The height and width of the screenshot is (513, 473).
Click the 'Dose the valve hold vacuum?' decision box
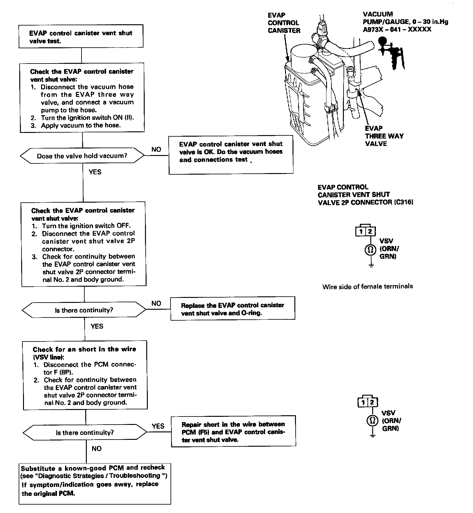[x=82, y=156]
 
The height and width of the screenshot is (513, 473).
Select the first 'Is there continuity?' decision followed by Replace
[x=84, y=310]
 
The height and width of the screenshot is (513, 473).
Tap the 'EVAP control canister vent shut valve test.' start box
[x=81, y=37]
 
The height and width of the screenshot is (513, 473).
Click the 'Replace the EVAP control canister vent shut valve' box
[x=232, y=309]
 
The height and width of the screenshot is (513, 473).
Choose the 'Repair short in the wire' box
[x=233, y=431]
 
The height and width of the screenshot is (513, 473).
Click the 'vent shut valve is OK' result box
[x=231, y=154]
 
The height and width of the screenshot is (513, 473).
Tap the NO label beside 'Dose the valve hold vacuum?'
[x=156, y=149]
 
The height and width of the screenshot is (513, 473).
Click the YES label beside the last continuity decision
[x=158, y=426]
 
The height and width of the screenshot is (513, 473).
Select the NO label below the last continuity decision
[x=97, y=449]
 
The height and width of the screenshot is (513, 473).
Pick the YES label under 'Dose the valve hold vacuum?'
[x=95, y=172]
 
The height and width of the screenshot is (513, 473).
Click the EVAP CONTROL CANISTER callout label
[x=284, y=23]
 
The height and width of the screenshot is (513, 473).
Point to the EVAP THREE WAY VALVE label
[x=384, y=136]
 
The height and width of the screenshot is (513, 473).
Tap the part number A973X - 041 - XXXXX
[x=397, y=29]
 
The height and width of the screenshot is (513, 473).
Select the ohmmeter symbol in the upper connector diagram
[x=370, y=250]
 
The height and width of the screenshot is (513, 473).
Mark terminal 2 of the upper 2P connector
[x=370, y=231]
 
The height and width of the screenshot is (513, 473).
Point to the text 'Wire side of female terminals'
[x=368, y=286]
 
